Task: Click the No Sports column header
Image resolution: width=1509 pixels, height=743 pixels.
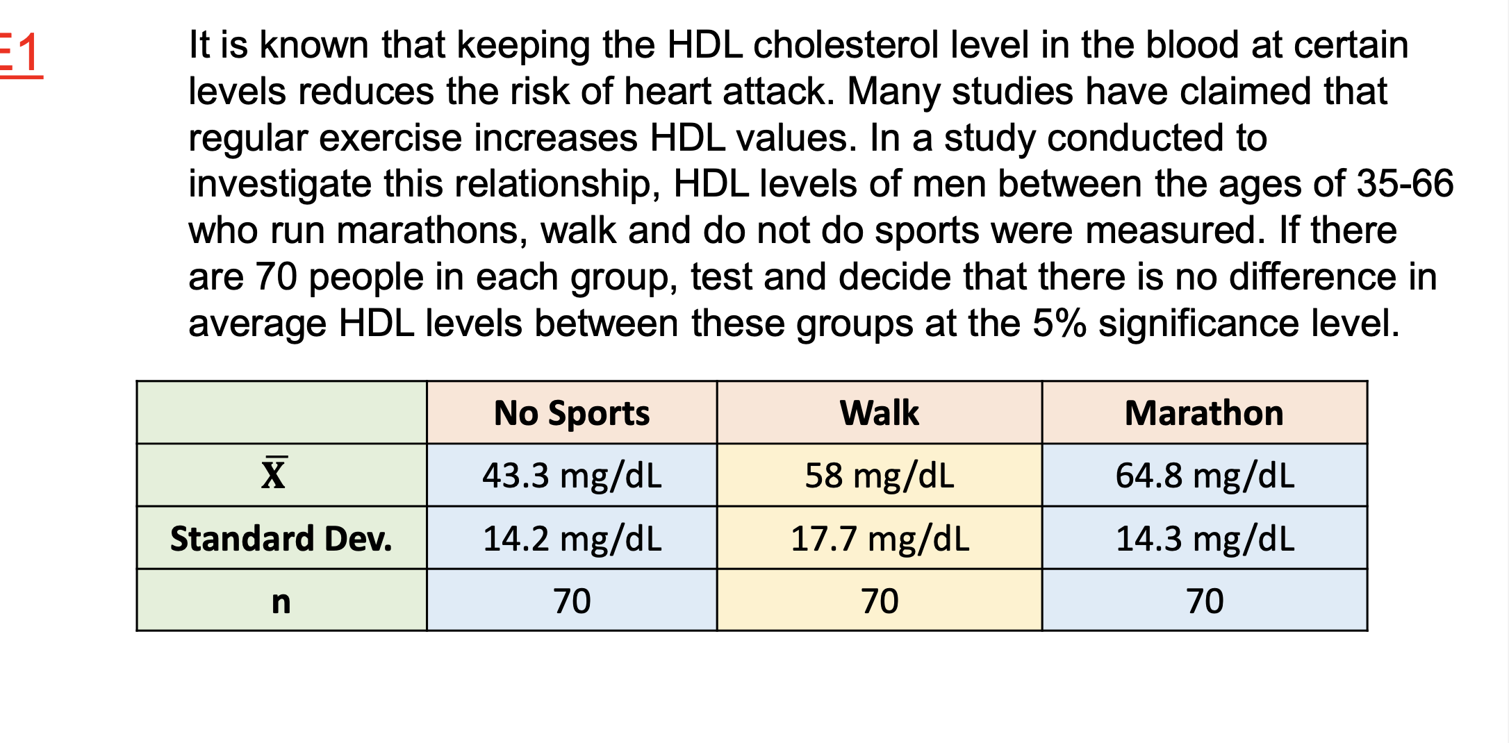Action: click(x=572, y=413)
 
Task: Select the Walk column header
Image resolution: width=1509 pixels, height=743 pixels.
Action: click(x=879, y=413)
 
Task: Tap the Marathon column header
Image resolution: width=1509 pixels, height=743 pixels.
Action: click(x=1204, y=413)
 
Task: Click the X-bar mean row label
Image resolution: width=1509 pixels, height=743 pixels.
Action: click(x=274, y=475)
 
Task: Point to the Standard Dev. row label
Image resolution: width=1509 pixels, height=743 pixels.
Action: click(x=281, y=539)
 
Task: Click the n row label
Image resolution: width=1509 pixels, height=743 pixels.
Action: click(x=281, y=601)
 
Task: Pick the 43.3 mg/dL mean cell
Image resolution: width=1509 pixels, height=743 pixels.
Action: click(x=572, y=476)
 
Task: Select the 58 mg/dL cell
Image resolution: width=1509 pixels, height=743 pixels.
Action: click(x=879, y=476)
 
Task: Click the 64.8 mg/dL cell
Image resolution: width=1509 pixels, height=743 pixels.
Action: click(x=1205, y=476)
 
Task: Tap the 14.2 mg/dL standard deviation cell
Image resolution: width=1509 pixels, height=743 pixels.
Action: click(x=572, y=539)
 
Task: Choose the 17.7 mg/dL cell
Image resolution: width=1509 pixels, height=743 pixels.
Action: click(x=879, y=539)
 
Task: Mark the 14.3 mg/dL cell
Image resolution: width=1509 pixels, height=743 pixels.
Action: click(x=1205, y=539)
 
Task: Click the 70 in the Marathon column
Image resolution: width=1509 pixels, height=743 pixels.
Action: click(x=1205, y=601)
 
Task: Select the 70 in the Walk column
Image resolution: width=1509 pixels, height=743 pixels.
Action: click(x=879, y=601)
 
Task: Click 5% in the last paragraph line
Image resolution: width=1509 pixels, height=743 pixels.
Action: click(x=1059, y=324)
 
